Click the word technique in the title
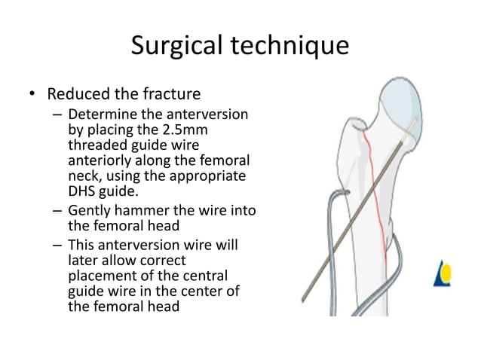[291, 47]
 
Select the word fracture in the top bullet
[170, 96]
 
